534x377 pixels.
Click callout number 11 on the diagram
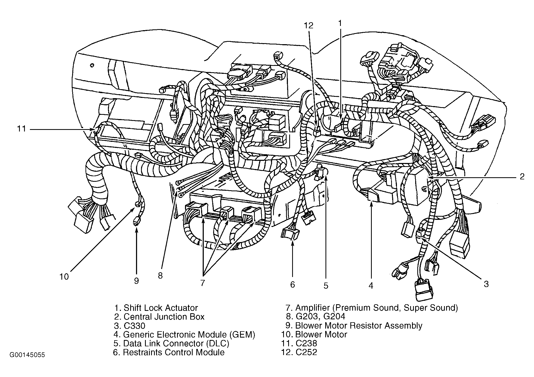click(21, 129)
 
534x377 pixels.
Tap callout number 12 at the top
click(309, 26)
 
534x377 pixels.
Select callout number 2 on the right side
click(522, 176)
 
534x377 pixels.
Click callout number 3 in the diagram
click(486, 284)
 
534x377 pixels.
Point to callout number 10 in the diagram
click(64, 277)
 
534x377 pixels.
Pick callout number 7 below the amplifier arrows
click(202, 283)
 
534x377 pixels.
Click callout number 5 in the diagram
click(326, 286)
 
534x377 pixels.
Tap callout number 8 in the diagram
click(160, 276)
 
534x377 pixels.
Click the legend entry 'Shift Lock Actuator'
click(161, 308)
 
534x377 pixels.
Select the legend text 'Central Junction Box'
click(164, 317)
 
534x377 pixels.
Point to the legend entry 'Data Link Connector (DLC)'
click(176, 343)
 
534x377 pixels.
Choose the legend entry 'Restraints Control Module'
click(174, 352)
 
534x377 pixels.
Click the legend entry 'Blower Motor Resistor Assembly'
click(359, 326)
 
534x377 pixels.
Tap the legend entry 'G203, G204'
click(320, 317)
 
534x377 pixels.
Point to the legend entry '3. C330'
click(130, 326)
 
